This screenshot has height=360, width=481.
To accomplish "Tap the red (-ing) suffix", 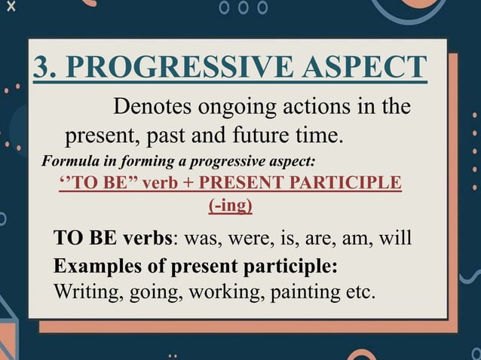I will (230, 205).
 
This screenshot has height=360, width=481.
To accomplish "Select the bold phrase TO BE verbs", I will (113, 239).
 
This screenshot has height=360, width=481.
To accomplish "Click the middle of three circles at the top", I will (242, 8).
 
